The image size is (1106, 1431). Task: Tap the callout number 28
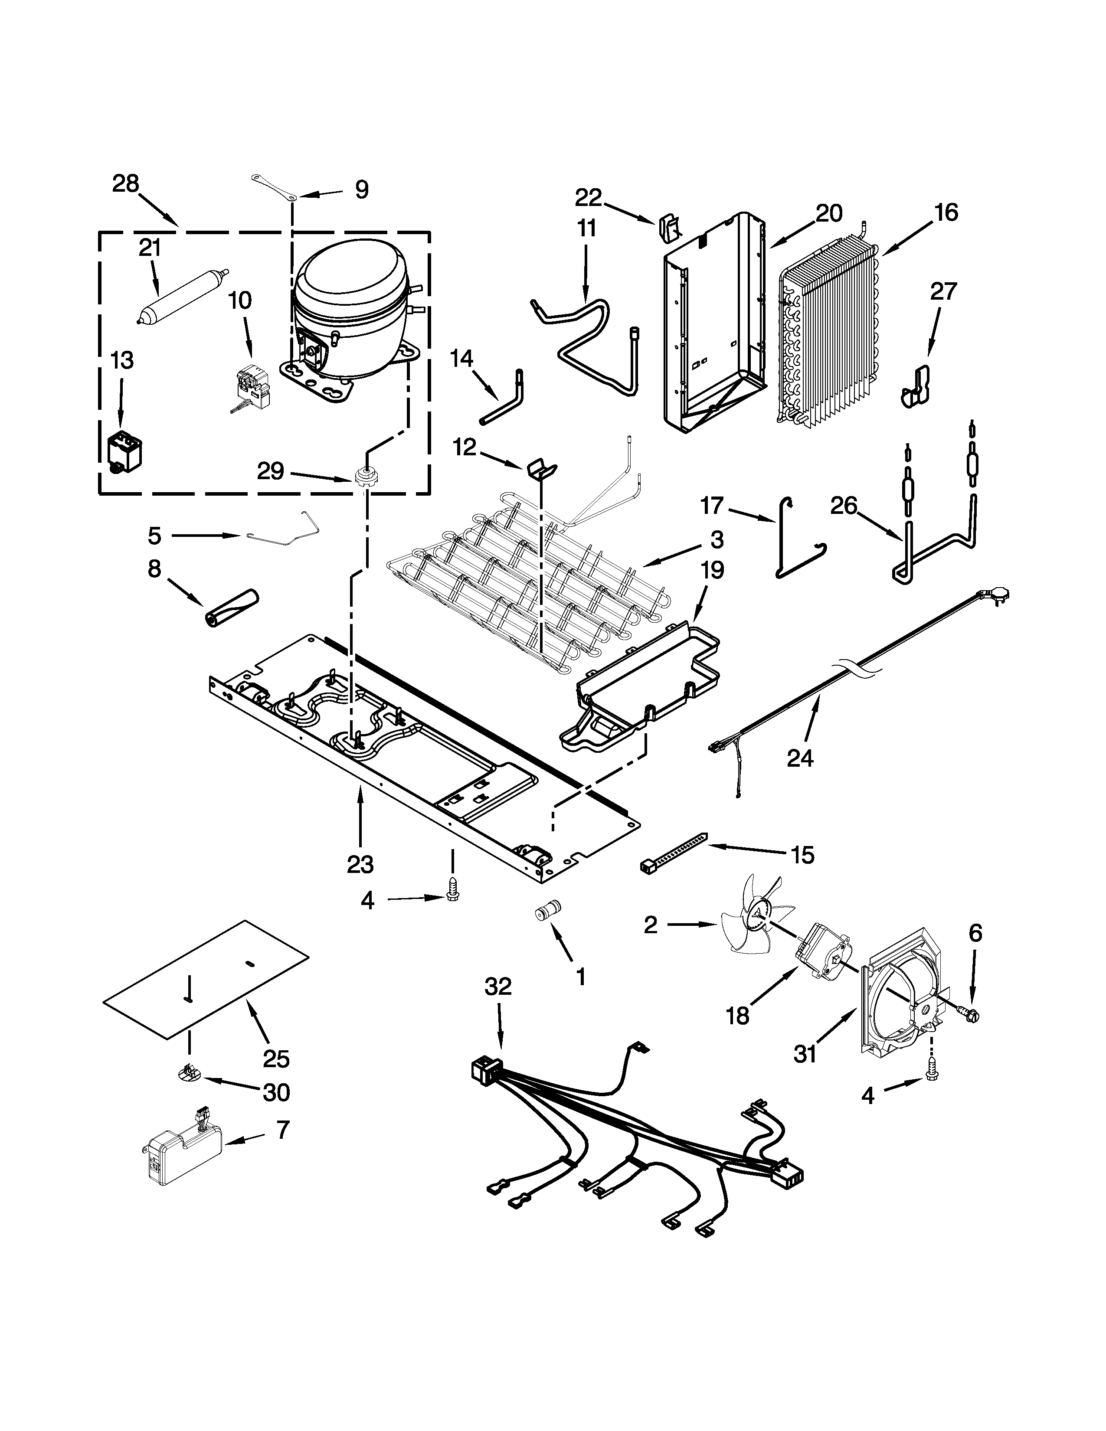coord(125,184)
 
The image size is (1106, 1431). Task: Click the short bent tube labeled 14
coord(504,401)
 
